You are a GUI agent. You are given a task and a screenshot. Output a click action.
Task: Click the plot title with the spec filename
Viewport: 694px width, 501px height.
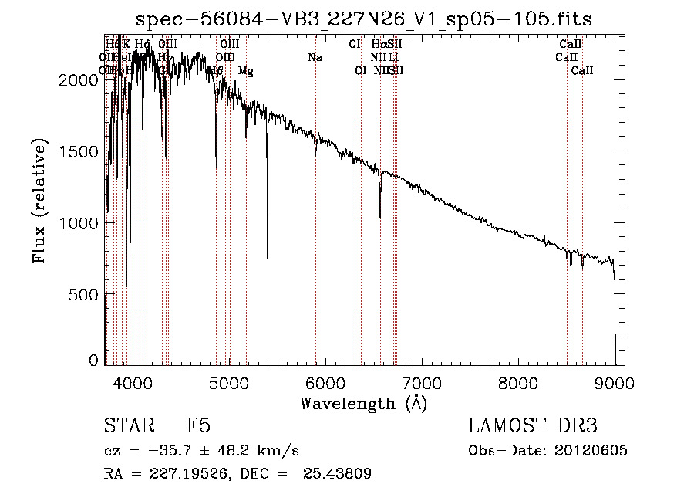click(364, 19)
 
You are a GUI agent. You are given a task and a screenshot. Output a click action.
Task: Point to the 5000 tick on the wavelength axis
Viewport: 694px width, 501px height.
click(228, 380)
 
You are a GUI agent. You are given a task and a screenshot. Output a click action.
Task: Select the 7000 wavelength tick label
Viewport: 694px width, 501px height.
click(422, 380)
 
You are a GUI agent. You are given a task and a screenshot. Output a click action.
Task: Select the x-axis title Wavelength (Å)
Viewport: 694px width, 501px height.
click(363, 403)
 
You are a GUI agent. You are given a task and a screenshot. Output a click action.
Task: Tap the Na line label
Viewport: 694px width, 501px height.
click(315, 58)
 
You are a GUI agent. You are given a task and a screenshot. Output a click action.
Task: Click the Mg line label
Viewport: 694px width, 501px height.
click(245, 71)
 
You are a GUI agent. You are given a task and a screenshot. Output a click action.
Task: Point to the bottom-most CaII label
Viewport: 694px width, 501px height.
click(582, 71)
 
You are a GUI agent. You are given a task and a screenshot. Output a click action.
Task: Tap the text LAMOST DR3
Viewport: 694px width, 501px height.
click(533, 426)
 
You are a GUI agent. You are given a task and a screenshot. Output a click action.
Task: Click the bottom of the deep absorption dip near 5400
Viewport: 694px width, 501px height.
click(268, 257)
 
